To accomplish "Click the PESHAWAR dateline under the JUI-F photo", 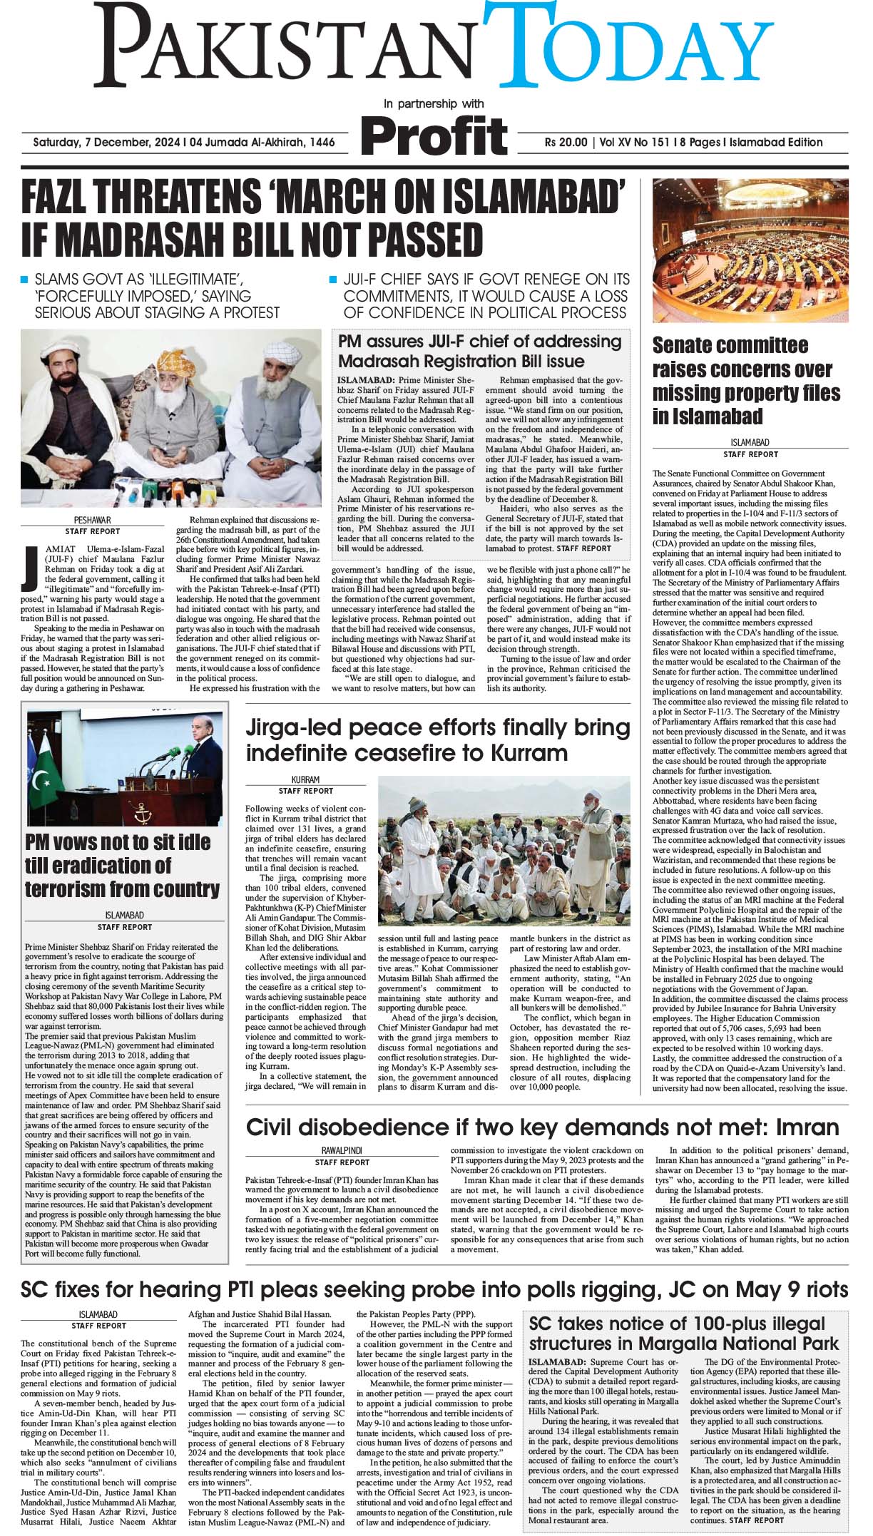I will pos(92,521).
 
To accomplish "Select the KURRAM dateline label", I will pos(305,780).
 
